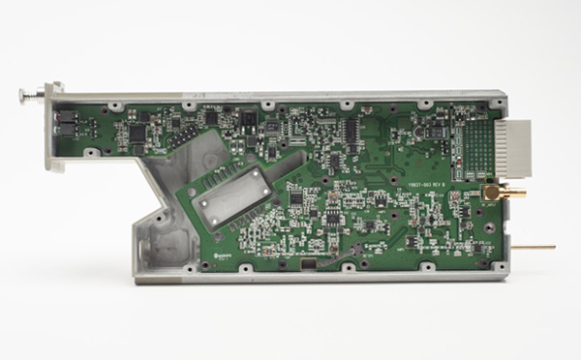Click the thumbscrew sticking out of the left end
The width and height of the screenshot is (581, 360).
30,94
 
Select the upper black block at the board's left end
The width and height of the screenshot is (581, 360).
67,115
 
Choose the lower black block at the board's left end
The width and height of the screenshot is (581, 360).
67,129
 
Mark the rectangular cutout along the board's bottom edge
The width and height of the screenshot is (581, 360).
310,263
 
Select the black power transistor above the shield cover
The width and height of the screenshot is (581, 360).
249,122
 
